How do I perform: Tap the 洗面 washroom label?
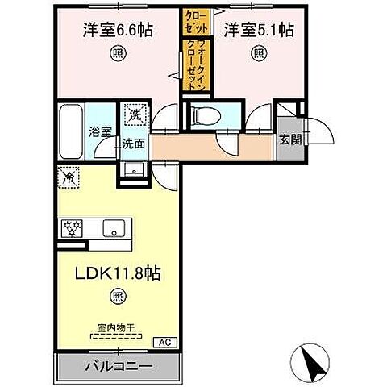[133, 144]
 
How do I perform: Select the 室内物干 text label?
[115, 327]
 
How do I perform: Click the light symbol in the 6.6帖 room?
[118, 56]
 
